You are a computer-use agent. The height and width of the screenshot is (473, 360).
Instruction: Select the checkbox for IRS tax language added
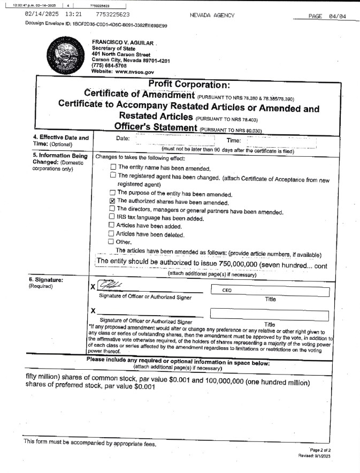[x=112, y=217]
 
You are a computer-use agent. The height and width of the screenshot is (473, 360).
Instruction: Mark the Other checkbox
[x=112, y=241]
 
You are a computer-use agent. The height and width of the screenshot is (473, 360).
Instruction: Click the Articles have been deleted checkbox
[x=112, y=233]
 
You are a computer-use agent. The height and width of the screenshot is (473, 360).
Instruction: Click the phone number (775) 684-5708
[x=110, y=66]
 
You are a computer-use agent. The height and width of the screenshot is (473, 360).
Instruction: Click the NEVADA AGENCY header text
[x=212, y=16]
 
